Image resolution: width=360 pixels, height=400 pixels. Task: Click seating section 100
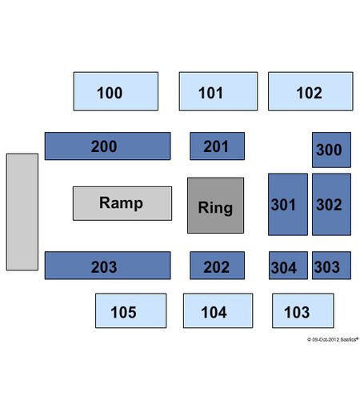coord(116,91)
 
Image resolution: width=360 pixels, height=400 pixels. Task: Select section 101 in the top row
coord(218,91)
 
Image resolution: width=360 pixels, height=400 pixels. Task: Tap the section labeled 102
coord(310,91)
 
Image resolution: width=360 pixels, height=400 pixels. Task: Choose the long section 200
coord(107,146)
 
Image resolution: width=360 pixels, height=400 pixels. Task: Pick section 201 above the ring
coord(217,146)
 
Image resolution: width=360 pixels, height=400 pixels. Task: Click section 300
coord(331,150)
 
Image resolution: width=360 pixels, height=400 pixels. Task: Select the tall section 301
coord(288,205)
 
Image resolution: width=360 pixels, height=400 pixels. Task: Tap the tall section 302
coord(331,205)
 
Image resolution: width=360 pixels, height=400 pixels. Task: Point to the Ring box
coord(215,206)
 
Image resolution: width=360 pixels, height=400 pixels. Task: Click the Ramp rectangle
coord(122,203)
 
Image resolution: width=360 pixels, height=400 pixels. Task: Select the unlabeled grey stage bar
coord(22,212)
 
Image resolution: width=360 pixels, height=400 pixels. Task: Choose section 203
coord(107,266)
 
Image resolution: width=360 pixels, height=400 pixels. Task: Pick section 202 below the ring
coord(217,266)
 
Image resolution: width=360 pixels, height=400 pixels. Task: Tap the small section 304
coord(288,266)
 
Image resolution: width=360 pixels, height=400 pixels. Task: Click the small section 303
coord(331,266)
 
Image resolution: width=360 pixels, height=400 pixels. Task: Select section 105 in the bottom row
coord(131,310)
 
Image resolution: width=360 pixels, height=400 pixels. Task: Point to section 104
coord(218,310)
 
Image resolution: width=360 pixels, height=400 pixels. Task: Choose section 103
coord(303,310)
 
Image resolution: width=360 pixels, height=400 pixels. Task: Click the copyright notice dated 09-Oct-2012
coord(333,339)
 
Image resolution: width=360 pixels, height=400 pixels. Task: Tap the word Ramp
coord(121,203)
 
